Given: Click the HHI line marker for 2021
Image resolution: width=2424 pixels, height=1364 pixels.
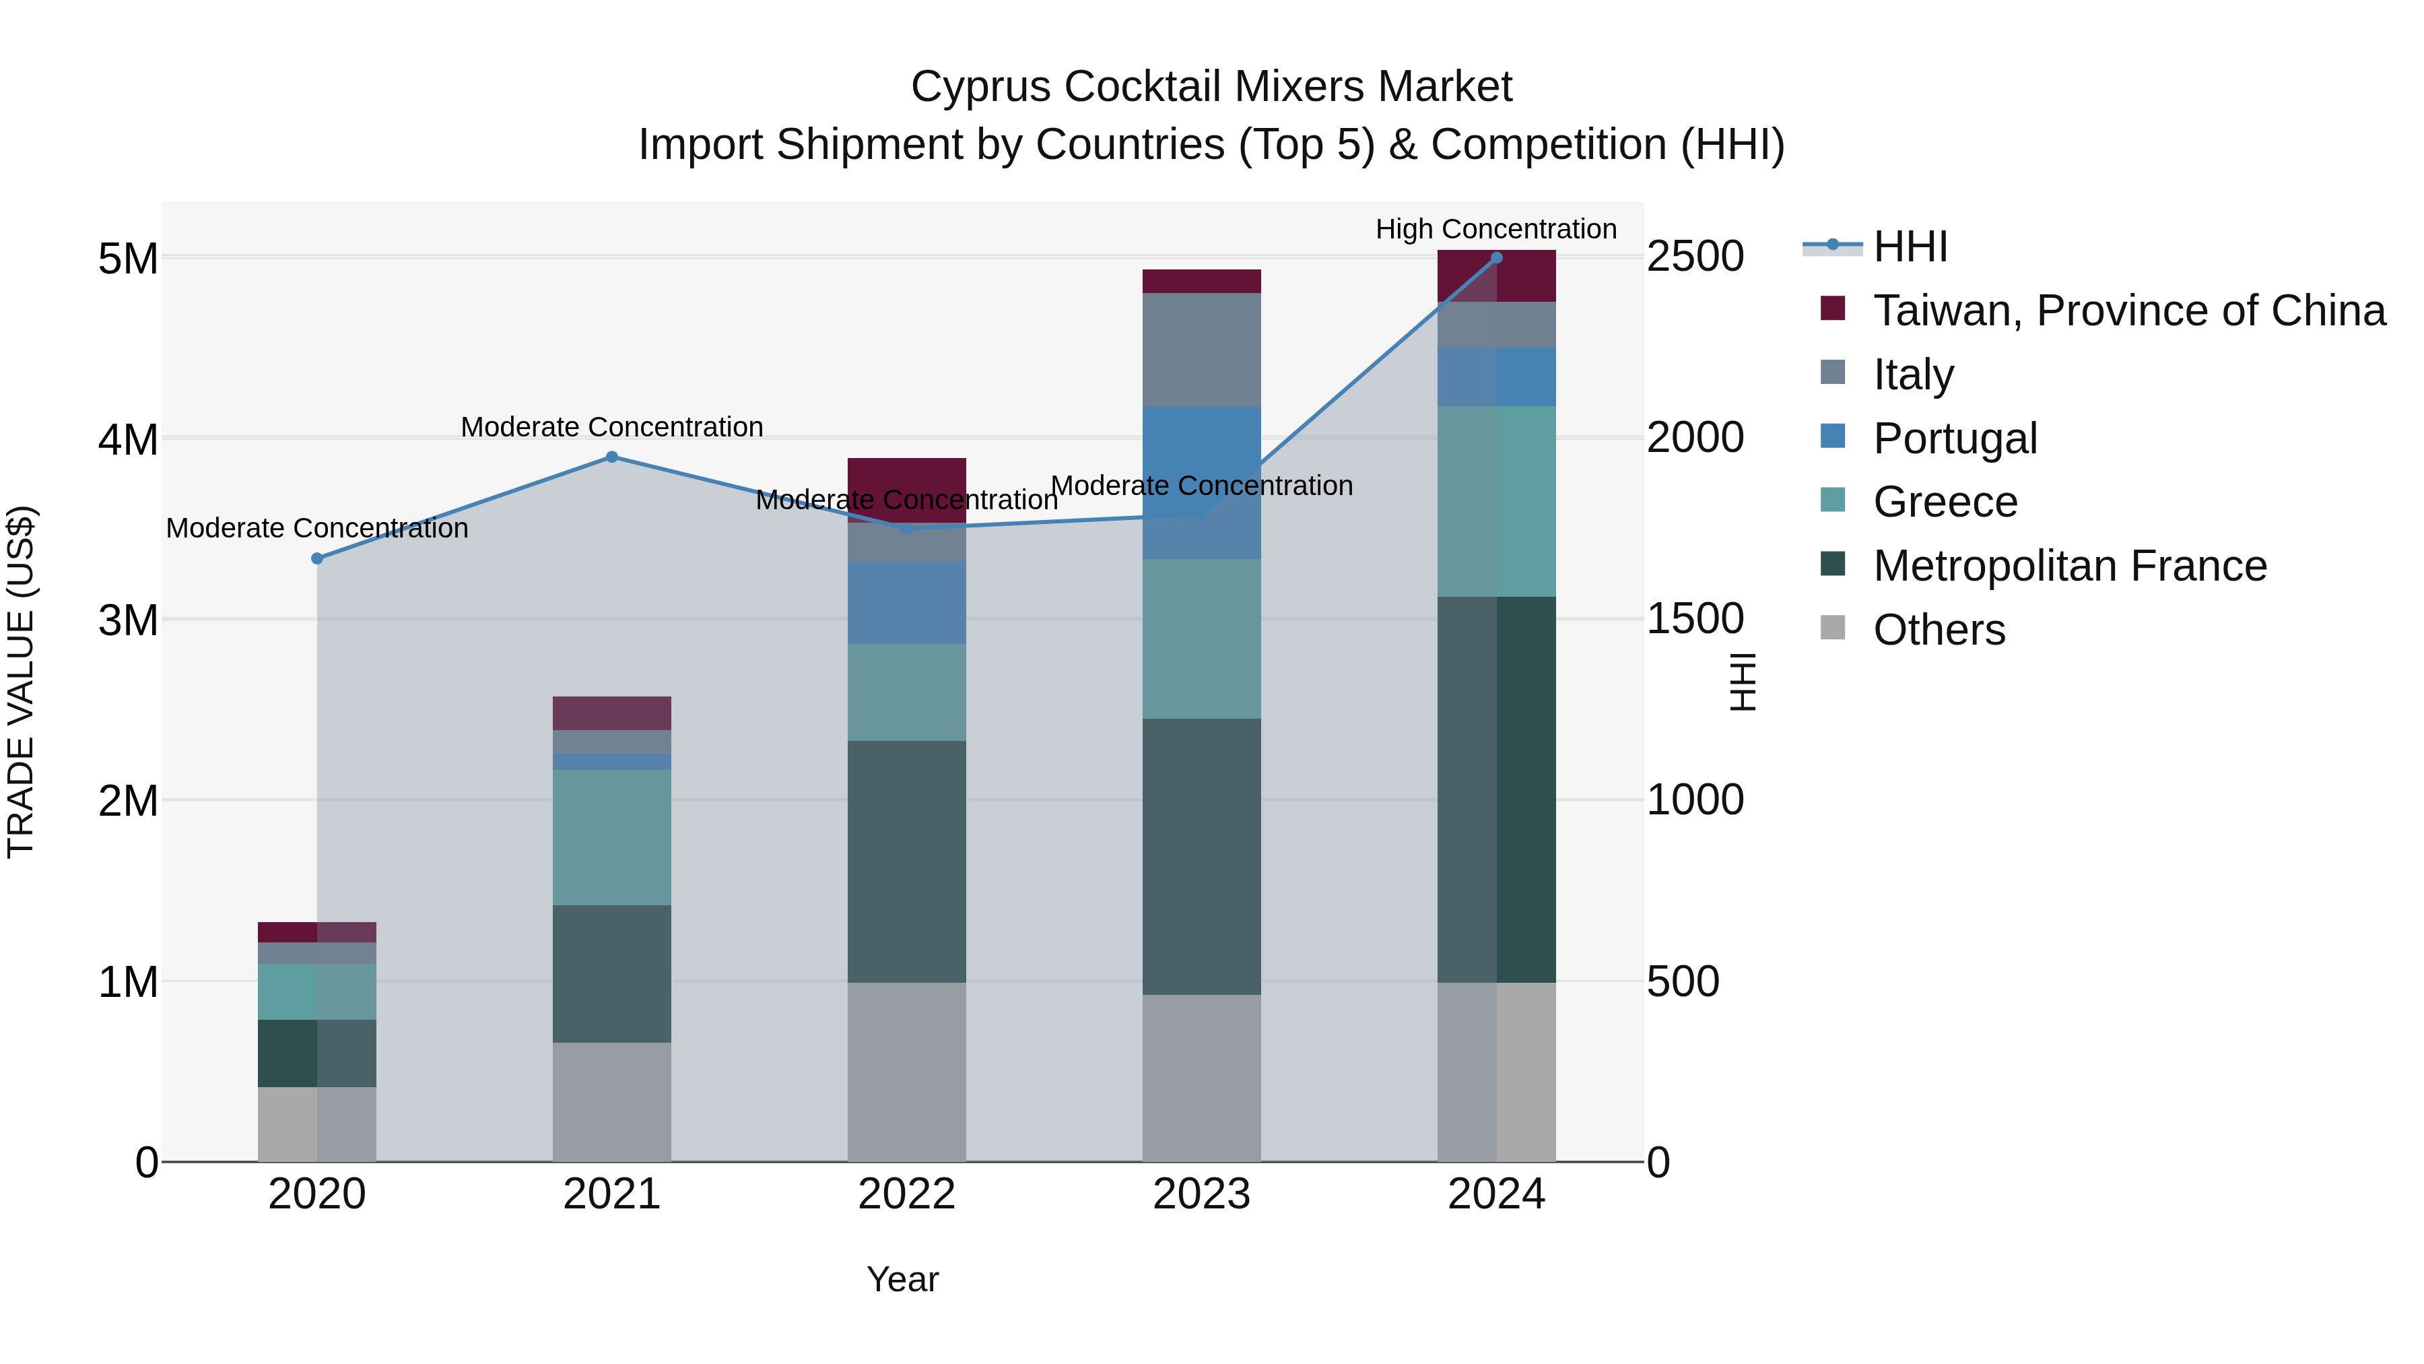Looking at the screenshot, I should pyautogui.click(x=611, y=457).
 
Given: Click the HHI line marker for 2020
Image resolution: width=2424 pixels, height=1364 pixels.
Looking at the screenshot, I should pyautogui.click(x=317, y=559).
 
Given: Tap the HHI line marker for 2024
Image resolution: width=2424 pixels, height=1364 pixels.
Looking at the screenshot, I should pyautogui.click(x=1496, y=258).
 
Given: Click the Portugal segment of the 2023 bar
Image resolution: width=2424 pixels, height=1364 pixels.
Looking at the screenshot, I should pyautogui.click(x=1202, y=482).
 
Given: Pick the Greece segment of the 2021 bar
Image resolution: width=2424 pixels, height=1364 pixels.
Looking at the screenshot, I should pyautogui.click(x=611, y=838).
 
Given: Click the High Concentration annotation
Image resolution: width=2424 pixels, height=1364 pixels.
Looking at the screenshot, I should pyautogui.click(x=1495, y=229).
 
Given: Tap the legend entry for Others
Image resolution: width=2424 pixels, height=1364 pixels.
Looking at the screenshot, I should pyautogui.click(x=1939, y=630).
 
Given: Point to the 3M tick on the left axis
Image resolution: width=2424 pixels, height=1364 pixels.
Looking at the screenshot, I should pyautogui.click(x=128, y=620).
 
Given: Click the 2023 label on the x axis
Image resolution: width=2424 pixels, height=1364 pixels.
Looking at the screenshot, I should pyautogui.click(x=1202, y=1194).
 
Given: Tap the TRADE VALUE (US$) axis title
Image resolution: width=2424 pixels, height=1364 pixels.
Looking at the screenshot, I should pyautogui.click(x=21, y=682).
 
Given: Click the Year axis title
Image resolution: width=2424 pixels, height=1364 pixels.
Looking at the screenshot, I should pyautogui.click(x=902, y=1279).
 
